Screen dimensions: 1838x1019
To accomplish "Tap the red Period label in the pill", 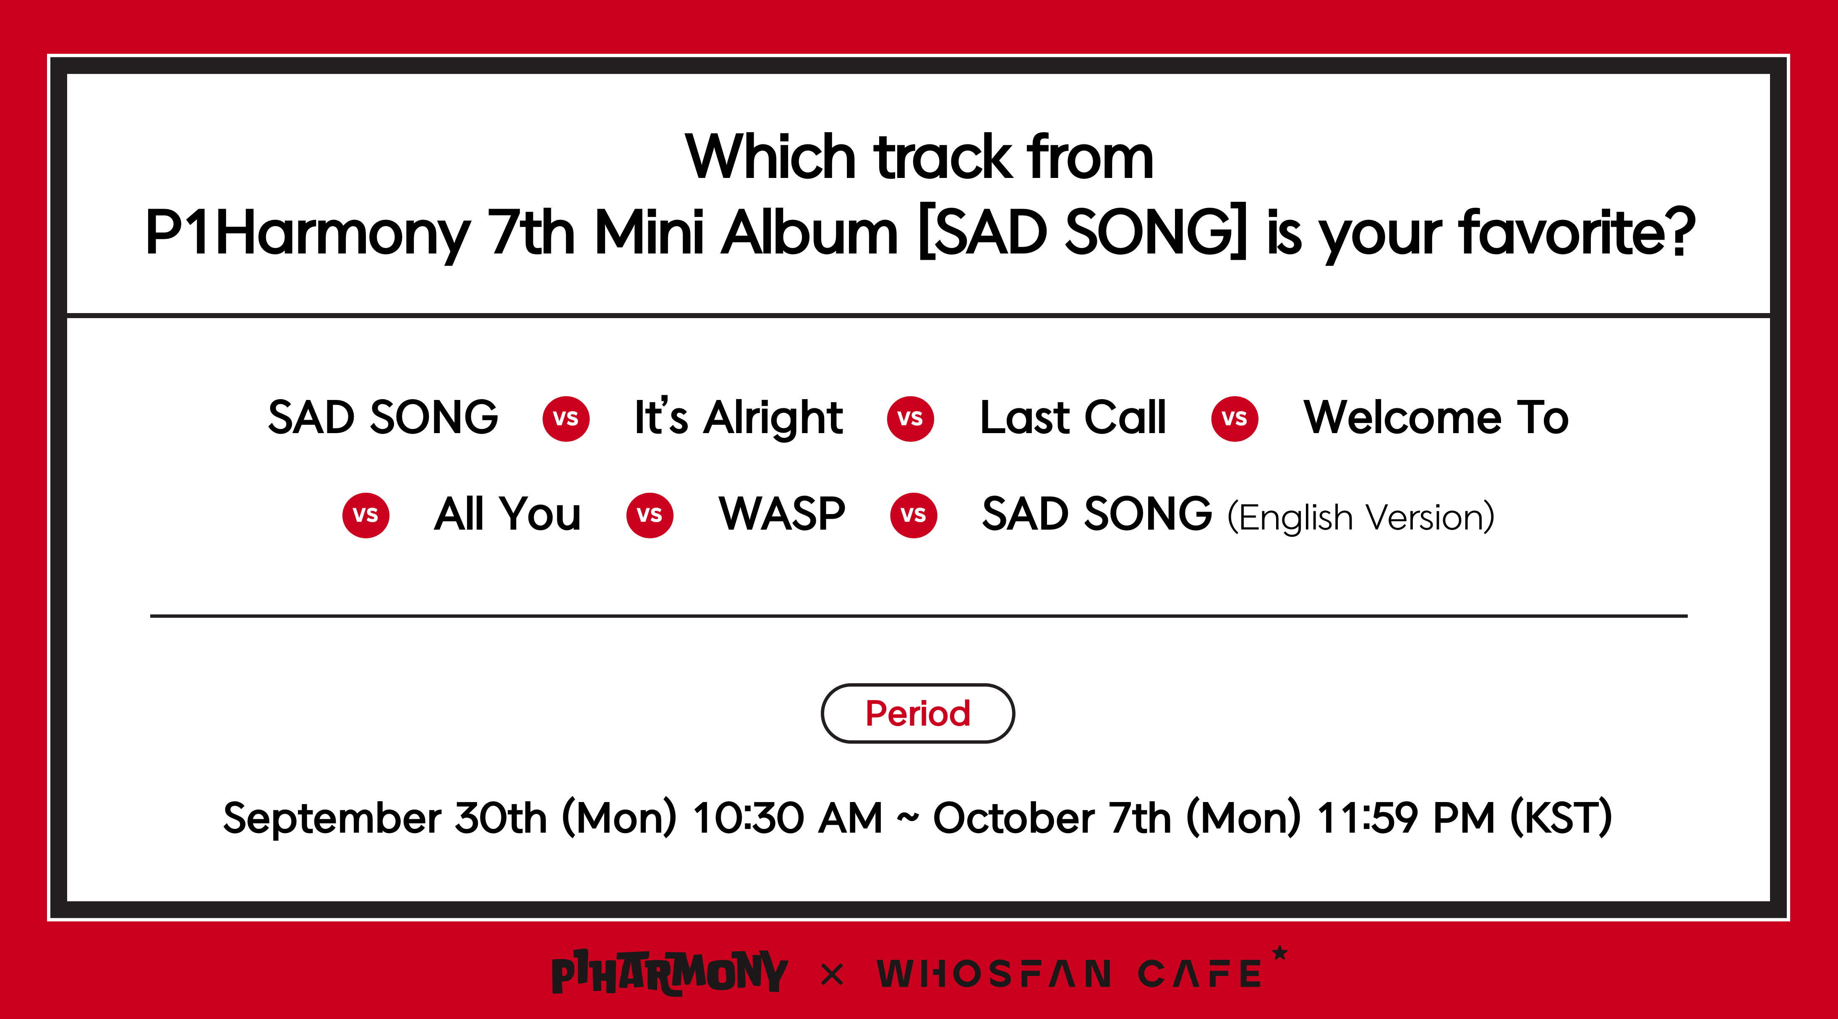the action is tap(918, 713).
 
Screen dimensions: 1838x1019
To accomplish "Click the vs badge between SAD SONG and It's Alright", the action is tap(566, 419).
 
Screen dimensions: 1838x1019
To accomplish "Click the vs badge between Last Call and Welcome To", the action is tap(1235, 419).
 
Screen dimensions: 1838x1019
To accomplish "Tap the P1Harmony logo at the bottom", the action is tap(669, 972).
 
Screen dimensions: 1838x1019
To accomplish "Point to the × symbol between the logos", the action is tap(832, 974).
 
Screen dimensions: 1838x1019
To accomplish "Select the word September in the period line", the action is tap(332, 818).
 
